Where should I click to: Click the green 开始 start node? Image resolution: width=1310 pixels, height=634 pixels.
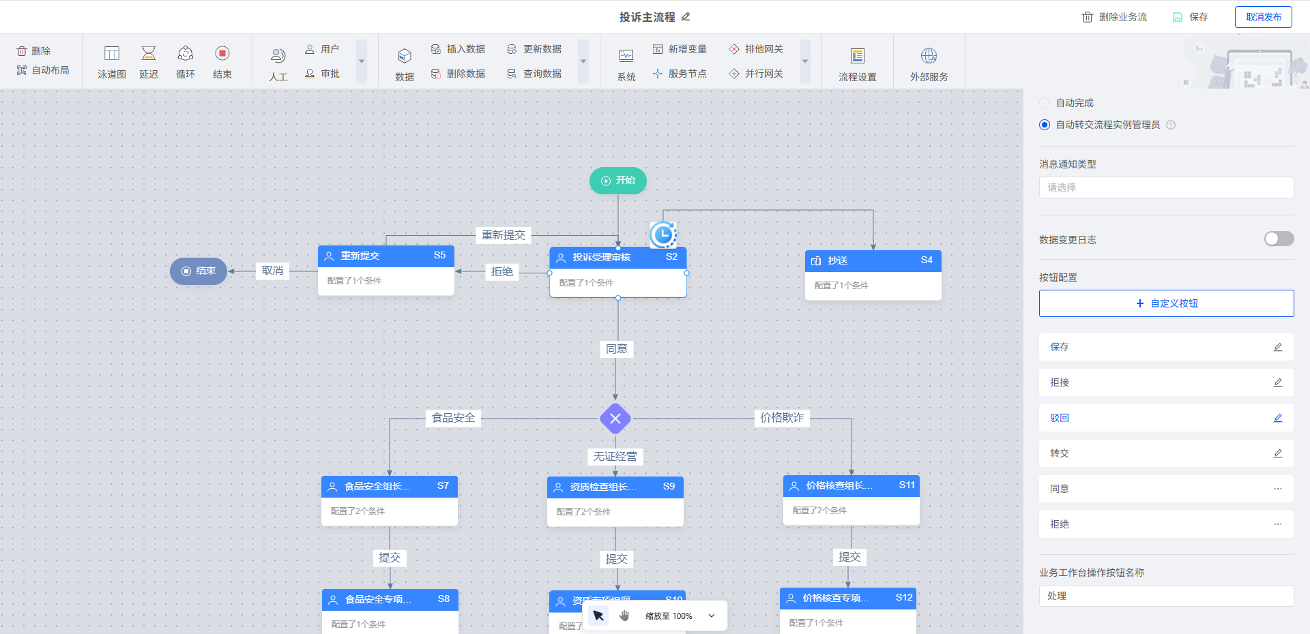click(x=617, y=181)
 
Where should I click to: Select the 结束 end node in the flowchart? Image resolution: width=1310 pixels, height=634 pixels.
click(x=199, y=271)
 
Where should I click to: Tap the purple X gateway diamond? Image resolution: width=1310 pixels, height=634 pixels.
click(x=615, y=419)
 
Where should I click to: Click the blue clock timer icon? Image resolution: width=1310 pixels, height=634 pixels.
click(x=663, y=235)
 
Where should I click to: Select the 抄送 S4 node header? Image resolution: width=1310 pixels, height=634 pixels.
click(x=873, y=260)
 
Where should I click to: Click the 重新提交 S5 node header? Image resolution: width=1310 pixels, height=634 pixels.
click(x=385, y=256)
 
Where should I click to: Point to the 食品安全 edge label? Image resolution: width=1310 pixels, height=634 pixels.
click(x=453, y=418)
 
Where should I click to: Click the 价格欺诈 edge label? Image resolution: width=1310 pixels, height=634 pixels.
click(x=782, y=418)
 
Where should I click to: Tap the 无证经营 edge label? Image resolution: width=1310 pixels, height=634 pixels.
click(x=615, y=456)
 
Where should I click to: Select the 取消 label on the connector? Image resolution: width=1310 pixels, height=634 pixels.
click(x=272, y=271)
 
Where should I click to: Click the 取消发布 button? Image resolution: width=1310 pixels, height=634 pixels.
click(x=1263, y=17)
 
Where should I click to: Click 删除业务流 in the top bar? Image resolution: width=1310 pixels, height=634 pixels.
click(x=1114, y=17)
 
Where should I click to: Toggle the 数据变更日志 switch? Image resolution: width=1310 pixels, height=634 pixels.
click(x=1279, y=239)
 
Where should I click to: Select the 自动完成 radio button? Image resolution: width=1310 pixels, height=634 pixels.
click(x=1045, y=103)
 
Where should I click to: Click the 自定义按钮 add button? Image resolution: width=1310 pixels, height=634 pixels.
click(x=1166, y=303)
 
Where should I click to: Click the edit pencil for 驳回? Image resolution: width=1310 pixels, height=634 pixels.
click(x=1277, y=418)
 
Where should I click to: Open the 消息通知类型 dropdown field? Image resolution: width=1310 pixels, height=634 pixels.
click(x=1166, y=187)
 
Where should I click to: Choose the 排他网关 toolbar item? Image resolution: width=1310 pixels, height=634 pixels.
click(x=756, y=49)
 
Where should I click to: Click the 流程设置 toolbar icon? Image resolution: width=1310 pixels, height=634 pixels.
click(x=858, y=63)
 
